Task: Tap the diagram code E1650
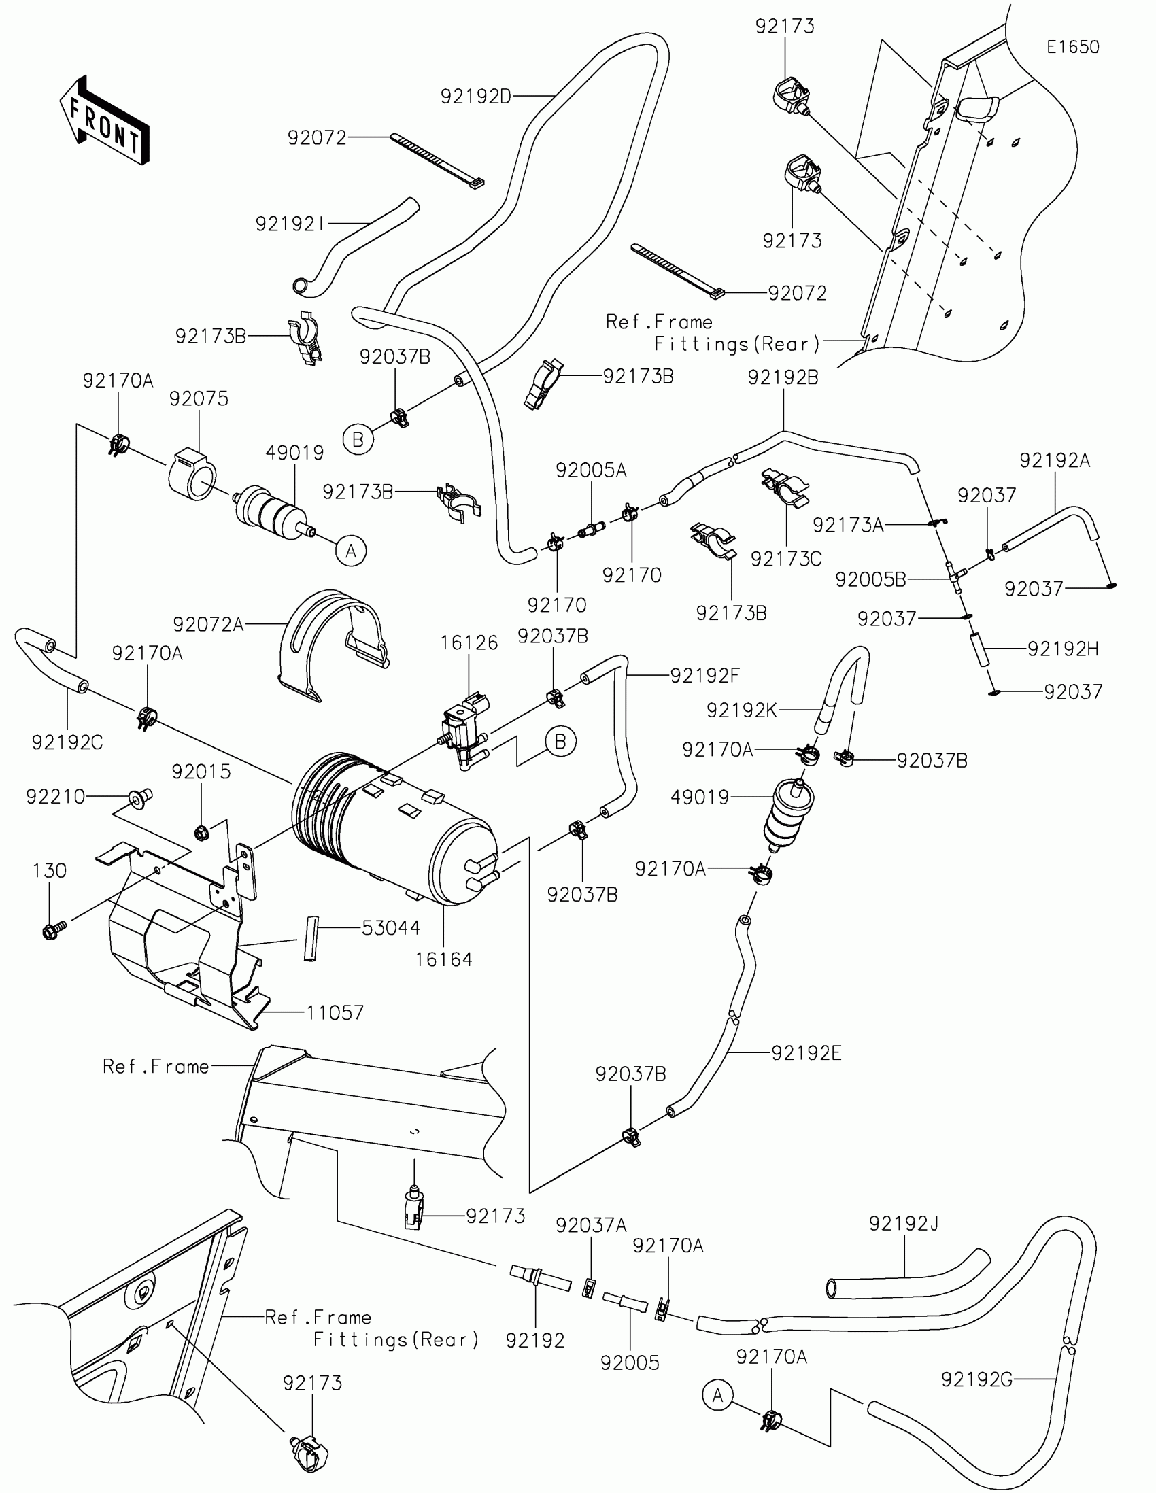[x=1072, y=47]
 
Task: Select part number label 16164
[x=443, y=960]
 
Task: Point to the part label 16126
[x=469, y=642]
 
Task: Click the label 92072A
[x=209, y=624]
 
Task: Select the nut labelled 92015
[x=202, y=833]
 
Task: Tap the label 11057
[x=335, y=1012]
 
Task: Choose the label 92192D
[x=476, y=97]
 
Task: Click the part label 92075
[x=199, y=398]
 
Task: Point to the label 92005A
[x=591, y=470]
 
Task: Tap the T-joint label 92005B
[x=870, y=580]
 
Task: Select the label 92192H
[x=1063, y=649]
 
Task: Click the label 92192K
[x=741, y=710]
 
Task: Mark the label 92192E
[x=806, y=1053]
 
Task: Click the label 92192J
[x=904, y=1223]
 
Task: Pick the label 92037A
[x=591, y=1225]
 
